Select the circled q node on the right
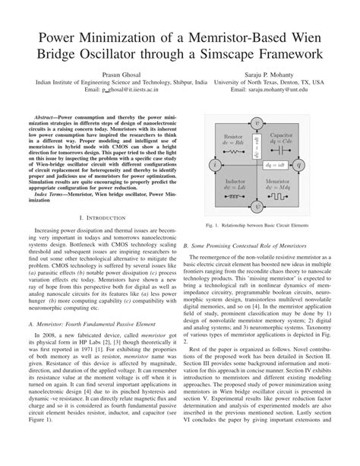(x=298, y=164)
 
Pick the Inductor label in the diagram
(x=234, y=182)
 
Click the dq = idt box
(x=276, y=164)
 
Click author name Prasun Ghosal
(x=120, y=69)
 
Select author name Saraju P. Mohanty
(x=268, y=69)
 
